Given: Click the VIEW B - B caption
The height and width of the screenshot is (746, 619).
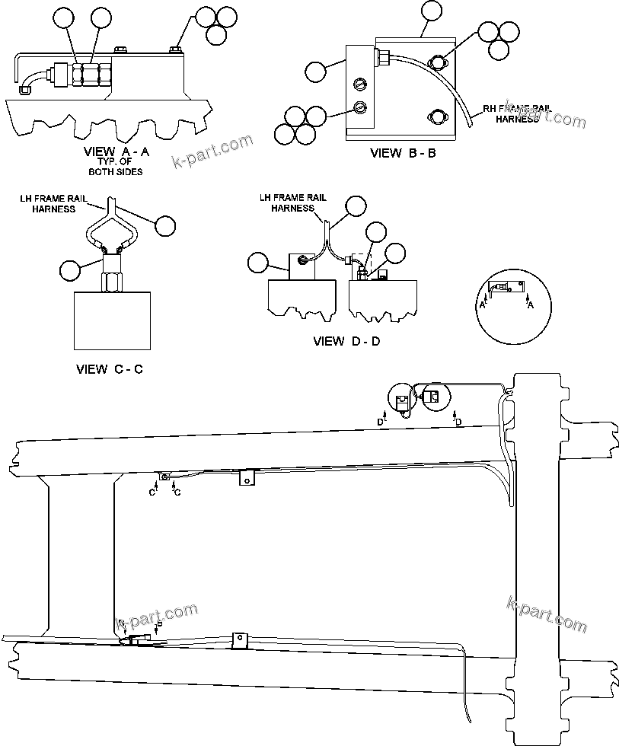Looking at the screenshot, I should pyautogui.click(x=402, y=153).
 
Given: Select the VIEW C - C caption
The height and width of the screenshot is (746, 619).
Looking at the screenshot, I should pyautogui.click(x=110, y=369).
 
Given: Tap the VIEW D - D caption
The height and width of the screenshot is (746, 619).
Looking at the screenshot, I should pyautogui.click(x=346, y=341).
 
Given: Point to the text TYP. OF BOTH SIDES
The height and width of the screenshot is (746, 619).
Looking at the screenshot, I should pyautogui.click(x=116, y=167).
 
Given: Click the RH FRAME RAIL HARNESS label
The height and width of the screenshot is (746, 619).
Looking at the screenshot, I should pyautogui.click(x=517, y=113).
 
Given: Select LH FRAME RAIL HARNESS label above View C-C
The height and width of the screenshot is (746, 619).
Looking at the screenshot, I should pyautogui.click(x=53, y=203).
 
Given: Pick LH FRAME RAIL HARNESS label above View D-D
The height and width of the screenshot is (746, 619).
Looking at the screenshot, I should pyautogui.click(x=293, y=202).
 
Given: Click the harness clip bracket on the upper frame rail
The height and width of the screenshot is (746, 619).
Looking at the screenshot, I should pyautogui.click(x=246, y=478).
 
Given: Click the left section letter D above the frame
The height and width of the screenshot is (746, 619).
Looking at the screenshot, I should pyautogui.click(x=381, y=421).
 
